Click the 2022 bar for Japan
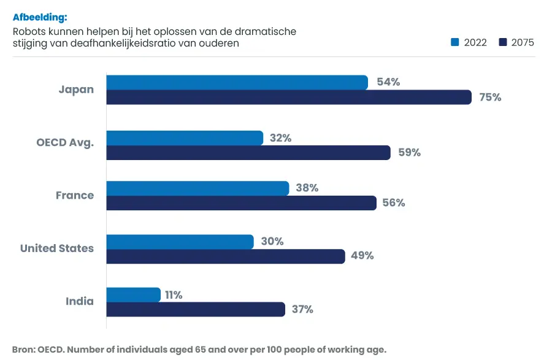coord(237,82)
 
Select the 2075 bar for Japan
coord(289,97)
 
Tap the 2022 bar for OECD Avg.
coord(185,138)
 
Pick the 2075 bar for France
coord(241,203)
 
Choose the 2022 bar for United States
coord(180,242)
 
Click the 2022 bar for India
coord(133,295)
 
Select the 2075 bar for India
coord(196,310)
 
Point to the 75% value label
coord(490,97)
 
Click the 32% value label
coord(280,138)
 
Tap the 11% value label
coord(174,295)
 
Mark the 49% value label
coord(362,256)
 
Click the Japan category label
coord(76,90)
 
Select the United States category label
coord(57,248)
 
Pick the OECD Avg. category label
coord(65,143)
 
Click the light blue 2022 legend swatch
coord(455,42)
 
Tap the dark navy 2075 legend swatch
coord(502,42)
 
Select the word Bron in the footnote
coord(23,350)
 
